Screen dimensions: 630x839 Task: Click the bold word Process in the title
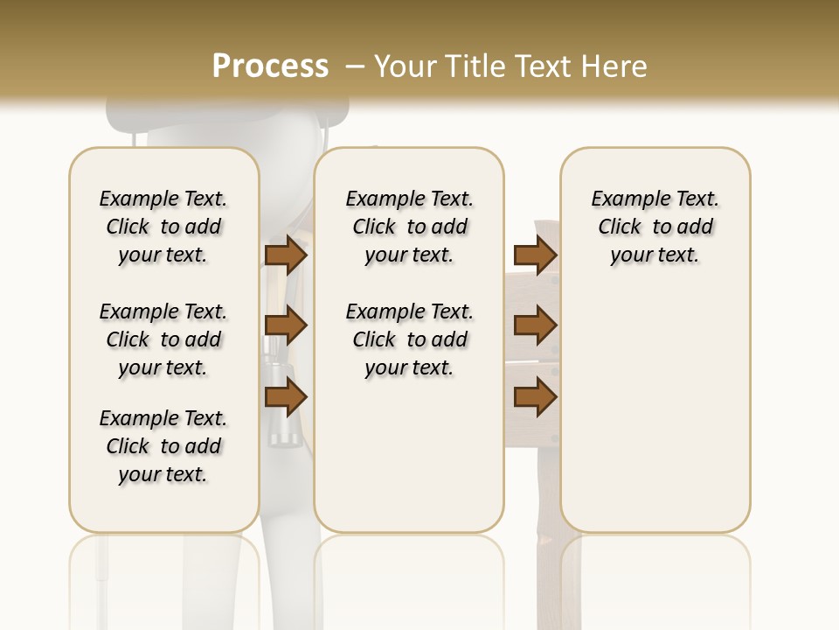pos(270,66)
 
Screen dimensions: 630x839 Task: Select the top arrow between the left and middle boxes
pos(286,255)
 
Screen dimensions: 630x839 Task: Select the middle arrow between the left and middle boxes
pos(286,326)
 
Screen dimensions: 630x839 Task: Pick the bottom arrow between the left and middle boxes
pos(286,397)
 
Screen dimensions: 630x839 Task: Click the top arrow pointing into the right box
pos(535,255)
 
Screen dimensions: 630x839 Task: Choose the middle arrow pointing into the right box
pos(535,326)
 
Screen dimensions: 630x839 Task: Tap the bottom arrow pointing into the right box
pos(535,397)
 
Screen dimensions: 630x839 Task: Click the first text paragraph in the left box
pos(163,227)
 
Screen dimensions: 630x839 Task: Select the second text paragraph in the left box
pos(163,339)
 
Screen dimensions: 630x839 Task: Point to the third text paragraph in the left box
pos(163,446)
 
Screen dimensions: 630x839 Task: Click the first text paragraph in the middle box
pos(409,227)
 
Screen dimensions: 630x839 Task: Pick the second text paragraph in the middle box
pos(409,339)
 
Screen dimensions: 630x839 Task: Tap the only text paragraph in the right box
pos(655,227)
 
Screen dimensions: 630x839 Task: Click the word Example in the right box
pos(622,199)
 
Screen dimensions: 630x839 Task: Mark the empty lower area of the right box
pos(655,411)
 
